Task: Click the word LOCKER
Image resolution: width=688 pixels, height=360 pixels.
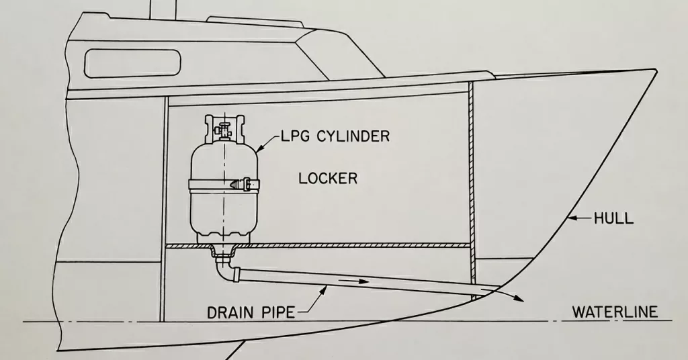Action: pyautogui.click(x=328, y=179)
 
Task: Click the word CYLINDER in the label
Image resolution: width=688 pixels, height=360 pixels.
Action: pyautogui.click(x=352, y=137)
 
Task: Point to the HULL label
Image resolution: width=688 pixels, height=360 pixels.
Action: pyautogui.click(x=613, y=218)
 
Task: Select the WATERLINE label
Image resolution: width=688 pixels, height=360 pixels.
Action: pyautogui.click(x=614, y=312)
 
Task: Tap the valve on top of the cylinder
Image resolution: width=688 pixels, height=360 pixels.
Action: pyautogui.click(x=223, y=126)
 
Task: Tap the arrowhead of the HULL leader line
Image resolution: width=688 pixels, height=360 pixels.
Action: pyautogui.click(x=570, y=218)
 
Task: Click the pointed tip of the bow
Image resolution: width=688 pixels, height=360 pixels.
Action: pyautogui.click(x=654, y=70)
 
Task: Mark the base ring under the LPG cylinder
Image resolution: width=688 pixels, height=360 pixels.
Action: pyautogui.click(x=222, y=237)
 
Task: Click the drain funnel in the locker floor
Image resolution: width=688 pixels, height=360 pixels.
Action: pyautogui.click(x=222, y=253)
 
